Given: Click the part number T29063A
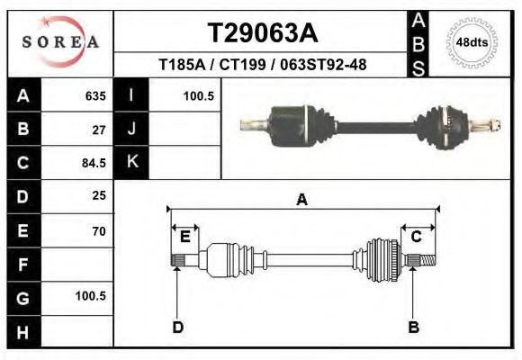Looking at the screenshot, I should point(262,33).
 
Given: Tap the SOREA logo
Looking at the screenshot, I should point(60,43).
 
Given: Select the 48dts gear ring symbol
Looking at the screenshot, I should point(472,42).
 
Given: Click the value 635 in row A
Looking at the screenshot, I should point(94,95).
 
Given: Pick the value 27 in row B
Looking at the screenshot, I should point(98,130).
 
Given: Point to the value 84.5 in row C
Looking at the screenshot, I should point(94,164).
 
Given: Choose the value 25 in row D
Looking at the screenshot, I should point(98,195).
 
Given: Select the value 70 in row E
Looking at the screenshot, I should point(98,231).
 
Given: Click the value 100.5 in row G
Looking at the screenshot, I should point(91,295).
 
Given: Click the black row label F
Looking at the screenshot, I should point(22,265).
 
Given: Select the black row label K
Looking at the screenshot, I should point(131,162).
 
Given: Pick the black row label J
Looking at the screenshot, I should point(131,129).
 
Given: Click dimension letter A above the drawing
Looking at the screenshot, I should point(301,200).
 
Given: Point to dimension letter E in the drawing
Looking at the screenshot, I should point(184,237).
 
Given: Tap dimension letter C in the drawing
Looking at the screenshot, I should point(417,237).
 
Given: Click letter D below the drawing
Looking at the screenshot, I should point(177,327).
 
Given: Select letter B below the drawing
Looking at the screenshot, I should point(414,327).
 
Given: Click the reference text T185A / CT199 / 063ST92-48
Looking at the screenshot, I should point(262,65).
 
